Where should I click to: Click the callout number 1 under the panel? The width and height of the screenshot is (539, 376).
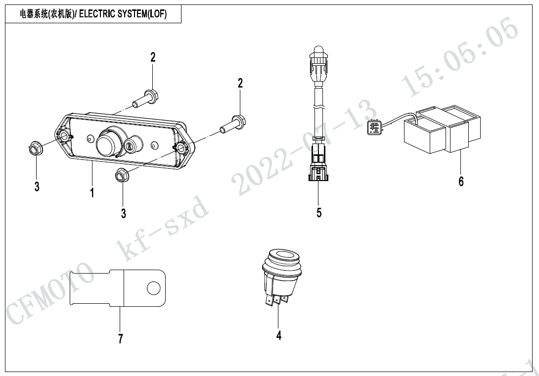point(92,192)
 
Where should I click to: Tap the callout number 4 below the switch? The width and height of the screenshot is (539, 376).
point(279,335)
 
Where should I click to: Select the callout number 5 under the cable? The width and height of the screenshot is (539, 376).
point(319,213)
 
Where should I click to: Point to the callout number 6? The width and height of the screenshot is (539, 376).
point(461,182)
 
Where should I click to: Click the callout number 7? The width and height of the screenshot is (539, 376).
point(120,338)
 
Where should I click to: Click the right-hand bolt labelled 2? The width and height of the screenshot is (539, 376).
point(232,124)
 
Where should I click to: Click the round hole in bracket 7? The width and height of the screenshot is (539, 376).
point(154,287)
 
